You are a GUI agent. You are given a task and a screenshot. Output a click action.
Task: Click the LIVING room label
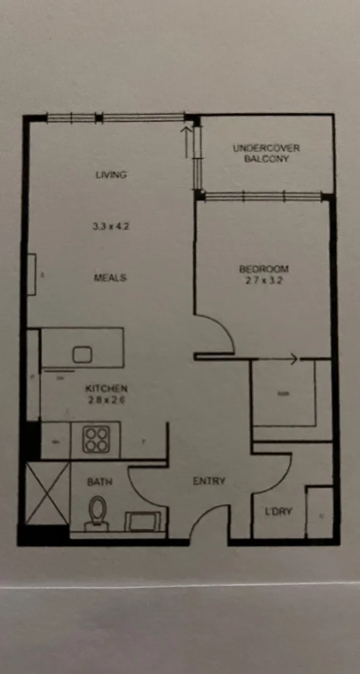coord(111,175)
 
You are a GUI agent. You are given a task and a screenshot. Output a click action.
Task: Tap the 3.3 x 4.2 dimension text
coord(110,227)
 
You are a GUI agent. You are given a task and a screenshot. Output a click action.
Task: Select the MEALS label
coord(110,278)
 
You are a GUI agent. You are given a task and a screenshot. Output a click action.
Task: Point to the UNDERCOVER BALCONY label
coord(266,154)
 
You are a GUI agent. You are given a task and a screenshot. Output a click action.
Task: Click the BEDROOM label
coord(264,269)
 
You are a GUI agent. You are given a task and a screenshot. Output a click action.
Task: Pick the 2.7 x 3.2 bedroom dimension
coord(264,280)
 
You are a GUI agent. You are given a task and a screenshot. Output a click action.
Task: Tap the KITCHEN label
coord(106,388)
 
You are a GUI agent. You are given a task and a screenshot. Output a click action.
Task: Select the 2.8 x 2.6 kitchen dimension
coord(106,400)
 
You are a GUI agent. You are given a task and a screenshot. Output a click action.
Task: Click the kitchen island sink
coord(82,355)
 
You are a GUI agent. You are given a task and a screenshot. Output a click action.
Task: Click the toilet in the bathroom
coord(97,513)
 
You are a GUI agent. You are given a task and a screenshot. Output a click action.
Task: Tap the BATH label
coord(99,482)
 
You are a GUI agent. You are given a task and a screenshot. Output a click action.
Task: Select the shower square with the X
coord(47,493)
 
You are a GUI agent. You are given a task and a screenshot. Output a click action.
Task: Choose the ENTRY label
coord(208,481)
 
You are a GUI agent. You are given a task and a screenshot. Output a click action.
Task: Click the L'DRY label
coord(279,512)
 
